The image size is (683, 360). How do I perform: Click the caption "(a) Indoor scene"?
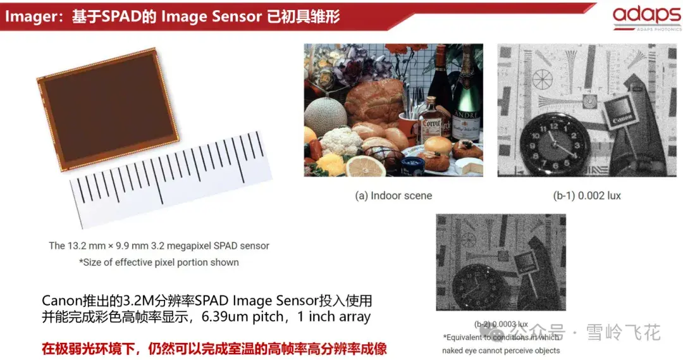click(x=393, y=196)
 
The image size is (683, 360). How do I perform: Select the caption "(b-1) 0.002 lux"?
click(x=587, y=196)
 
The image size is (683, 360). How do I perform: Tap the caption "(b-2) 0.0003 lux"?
click(x=501, y=324)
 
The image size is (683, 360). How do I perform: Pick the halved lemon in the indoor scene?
click(x=366, y=166)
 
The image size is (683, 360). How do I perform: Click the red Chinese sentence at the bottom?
click(x=214, y=348)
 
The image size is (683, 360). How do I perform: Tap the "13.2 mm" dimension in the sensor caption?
click(x=88, y=245)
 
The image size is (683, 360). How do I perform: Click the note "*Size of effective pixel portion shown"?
click(x=159, y=262)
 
